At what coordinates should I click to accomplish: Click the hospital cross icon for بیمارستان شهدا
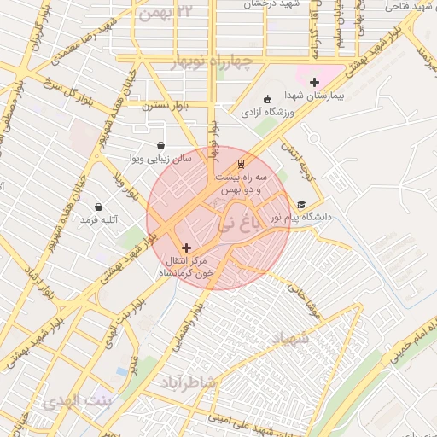pyautogui.click(x=315, y=83)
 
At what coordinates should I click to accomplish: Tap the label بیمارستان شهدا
pyautogui.click(x=313, y=97)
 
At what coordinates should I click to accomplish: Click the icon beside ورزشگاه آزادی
pyautogui.click(x=267, y=98)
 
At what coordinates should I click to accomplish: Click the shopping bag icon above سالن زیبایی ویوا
pyautogui.click(x=161, y=145)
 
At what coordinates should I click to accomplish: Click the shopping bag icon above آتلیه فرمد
pyautogui.click(x=99, y=207)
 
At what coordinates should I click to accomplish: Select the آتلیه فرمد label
pyautogui.click(x=98, y=220)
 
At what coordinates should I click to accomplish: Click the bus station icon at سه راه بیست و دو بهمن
pyautogui.click(x=241, y=162)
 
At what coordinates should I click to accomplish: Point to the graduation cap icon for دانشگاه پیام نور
pyautogui.click(x=300, y=204)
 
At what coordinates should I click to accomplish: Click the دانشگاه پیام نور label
pyautogui.click(x=300, y=218)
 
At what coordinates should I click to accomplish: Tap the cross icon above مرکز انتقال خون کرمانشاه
pyautogui.click(x=187, y=248)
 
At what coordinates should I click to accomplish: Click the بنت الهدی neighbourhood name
pyautogui.click(x=75, y=401)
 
